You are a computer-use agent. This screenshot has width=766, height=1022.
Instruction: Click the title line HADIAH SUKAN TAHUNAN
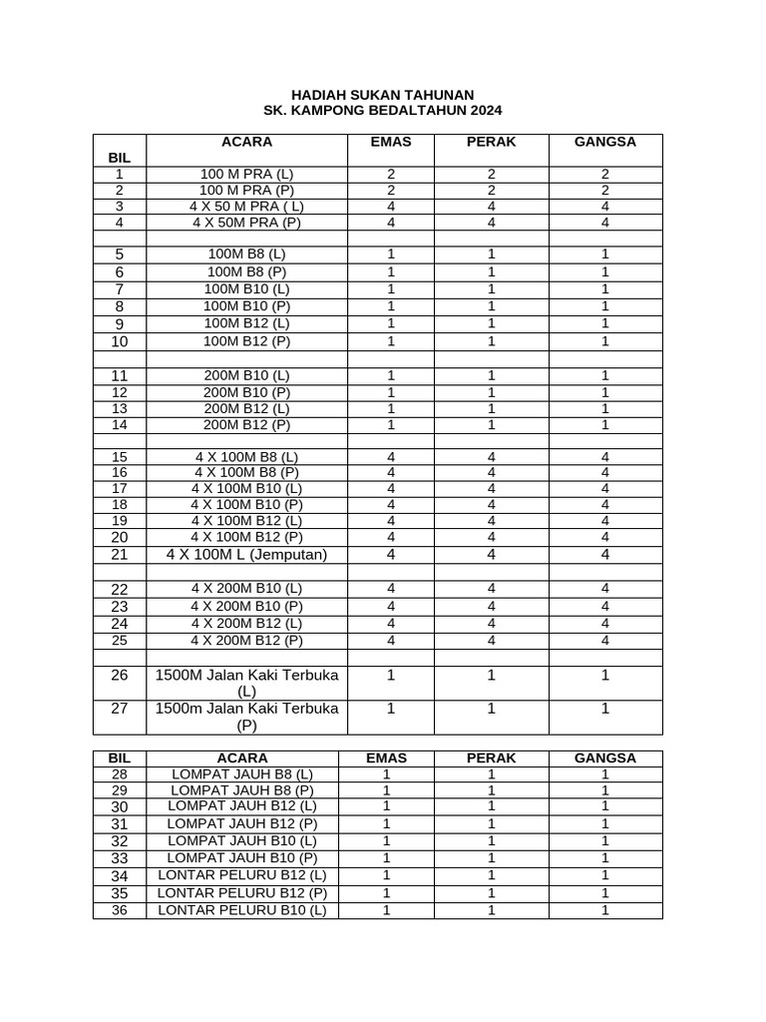[382, 94]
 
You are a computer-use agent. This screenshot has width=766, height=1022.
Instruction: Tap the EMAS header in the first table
[390, 142]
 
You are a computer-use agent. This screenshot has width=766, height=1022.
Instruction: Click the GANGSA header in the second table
[604, 759]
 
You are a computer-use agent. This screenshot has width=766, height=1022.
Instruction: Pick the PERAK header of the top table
[491, 142]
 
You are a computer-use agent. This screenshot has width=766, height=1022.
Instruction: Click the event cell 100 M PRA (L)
[246, 174]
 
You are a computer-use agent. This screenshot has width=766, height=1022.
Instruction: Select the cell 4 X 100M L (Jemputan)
[246, 555]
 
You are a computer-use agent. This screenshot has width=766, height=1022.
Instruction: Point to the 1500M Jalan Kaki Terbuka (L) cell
[246, 683]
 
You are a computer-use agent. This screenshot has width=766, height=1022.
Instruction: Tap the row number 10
[120, 341]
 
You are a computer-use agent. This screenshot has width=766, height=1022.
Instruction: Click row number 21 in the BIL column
[120, 555]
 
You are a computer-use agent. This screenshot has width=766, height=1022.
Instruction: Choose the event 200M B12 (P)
[246, 424]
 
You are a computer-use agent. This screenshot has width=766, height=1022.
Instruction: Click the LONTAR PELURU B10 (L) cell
[242, 910]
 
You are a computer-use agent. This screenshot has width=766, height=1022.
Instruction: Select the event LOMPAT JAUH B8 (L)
[242, 774]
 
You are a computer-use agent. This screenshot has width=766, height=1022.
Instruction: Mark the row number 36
[120, 910]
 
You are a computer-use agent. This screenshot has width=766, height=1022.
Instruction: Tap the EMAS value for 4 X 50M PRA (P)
[391, 223]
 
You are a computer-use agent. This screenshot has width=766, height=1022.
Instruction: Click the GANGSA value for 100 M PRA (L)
[604, 174]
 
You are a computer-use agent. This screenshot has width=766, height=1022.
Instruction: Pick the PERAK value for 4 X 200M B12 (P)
[491, 641]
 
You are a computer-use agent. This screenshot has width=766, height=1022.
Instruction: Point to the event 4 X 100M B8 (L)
[246, 457]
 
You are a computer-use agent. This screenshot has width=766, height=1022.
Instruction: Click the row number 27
[120, 709]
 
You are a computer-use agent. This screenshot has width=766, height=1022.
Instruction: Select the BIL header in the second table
[120, 759]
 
